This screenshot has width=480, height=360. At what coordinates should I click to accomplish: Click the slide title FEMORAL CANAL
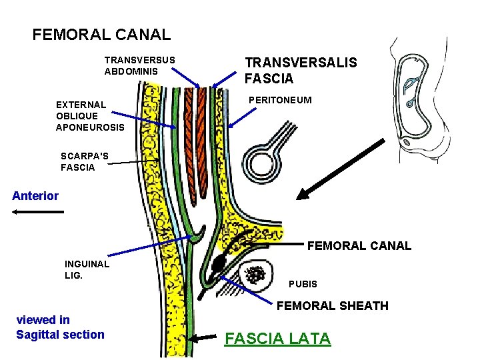pos(101,34)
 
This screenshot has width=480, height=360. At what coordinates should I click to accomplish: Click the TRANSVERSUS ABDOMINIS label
pos(139,65)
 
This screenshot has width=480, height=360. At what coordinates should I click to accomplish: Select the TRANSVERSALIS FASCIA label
pos(301,71)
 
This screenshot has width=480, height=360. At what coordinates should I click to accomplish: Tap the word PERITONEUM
pos(279,100)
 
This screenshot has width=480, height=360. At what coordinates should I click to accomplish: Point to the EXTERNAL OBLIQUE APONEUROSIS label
pos(89,115)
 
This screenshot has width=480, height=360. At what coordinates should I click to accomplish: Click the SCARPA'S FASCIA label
pos(85,162)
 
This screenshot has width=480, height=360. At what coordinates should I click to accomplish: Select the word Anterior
pos(35,196)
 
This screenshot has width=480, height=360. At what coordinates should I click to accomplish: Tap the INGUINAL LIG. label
pos(87,269)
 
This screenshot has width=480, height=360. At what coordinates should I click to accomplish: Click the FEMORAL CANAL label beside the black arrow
pos(359,246)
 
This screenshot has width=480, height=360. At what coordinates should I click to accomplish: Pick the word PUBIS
pos(303,284)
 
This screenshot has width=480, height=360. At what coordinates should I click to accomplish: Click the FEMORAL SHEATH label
pos(332,306)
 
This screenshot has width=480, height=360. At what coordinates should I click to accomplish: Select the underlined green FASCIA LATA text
pos(277,339)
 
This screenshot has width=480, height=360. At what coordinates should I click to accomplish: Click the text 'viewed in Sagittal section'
pos(60,327)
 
